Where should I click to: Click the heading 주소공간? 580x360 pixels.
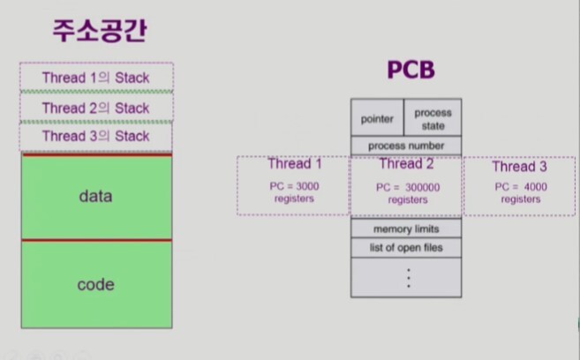pos(96,33)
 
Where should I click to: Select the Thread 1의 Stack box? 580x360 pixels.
pos(96,78)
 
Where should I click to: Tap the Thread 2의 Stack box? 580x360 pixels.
pos(96,108)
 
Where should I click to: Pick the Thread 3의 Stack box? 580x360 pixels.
pos(96,137)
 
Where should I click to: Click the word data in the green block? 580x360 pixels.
pos(95,196)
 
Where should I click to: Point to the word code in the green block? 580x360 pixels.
pos(95,284)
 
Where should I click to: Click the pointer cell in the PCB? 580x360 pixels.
pos(377,119)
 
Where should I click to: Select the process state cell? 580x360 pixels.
pos(432,119)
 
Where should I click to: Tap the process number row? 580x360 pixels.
pos(405,146)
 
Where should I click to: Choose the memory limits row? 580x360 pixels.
pos(405,229)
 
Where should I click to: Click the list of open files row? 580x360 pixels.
pos(405,248)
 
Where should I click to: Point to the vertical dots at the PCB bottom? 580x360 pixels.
pos(408,277)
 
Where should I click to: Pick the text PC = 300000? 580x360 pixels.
pos(407,187)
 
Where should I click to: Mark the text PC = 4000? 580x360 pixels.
pos(520,187)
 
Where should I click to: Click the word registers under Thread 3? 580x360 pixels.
pos(520,199)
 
